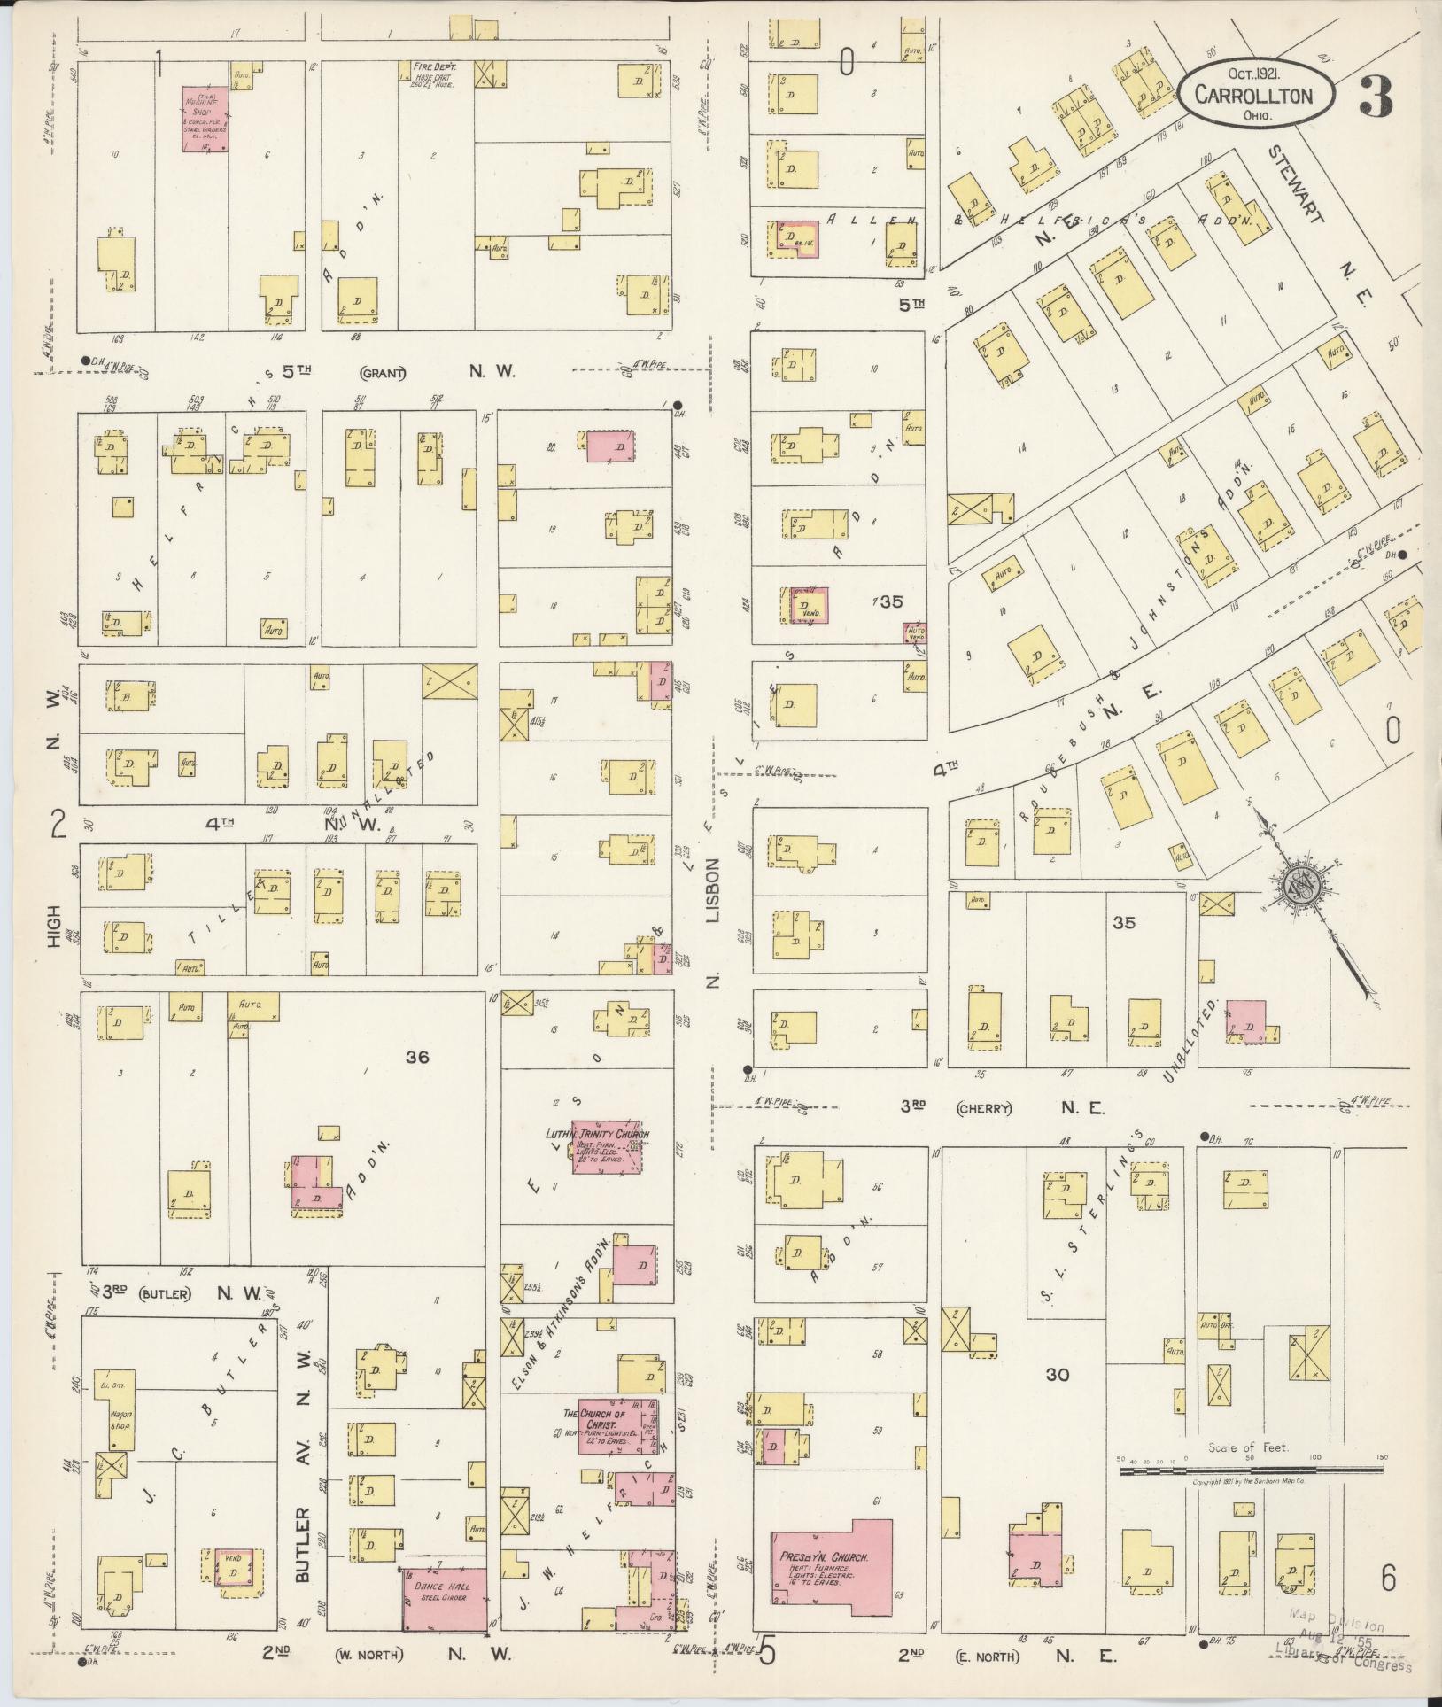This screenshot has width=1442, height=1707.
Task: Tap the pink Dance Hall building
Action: (x=445, y=1602)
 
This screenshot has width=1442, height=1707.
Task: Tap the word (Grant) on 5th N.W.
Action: (x=383, y=373)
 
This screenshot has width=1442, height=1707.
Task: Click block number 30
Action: (x=1057, y=1375)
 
